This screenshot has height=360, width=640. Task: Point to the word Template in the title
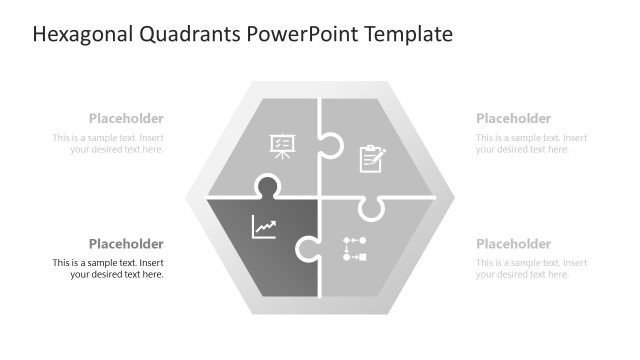pos(408,35)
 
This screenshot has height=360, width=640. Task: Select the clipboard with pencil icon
pos(372,158)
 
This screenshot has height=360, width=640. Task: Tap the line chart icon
pos(264,228)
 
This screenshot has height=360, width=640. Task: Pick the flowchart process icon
pos(355,248)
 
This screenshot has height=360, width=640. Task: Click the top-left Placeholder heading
pos(126,118)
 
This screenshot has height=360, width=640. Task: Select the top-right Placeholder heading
pos(513,118)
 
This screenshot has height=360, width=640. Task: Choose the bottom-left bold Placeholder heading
pos(126,244)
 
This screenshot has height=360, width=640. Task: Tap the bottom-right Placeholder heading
pos(513,244)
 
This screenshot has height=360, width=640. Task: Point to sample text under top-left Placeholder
pos(109,143)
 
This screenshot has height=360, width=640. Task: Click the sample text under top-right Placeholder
pos(531,143)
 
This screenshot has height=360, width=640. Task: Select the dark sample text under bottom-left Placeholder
pos(109,268)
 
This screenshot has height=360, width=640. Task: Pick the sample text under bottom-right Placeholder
pos(531,268)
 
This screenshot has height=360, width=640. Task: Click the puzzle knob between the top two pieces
pos(331,148)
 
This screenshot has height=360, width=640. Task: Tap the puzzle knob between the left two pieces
pos(267,186)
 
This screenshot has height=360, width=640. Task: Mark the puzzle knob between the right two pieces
pos(371,207)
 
